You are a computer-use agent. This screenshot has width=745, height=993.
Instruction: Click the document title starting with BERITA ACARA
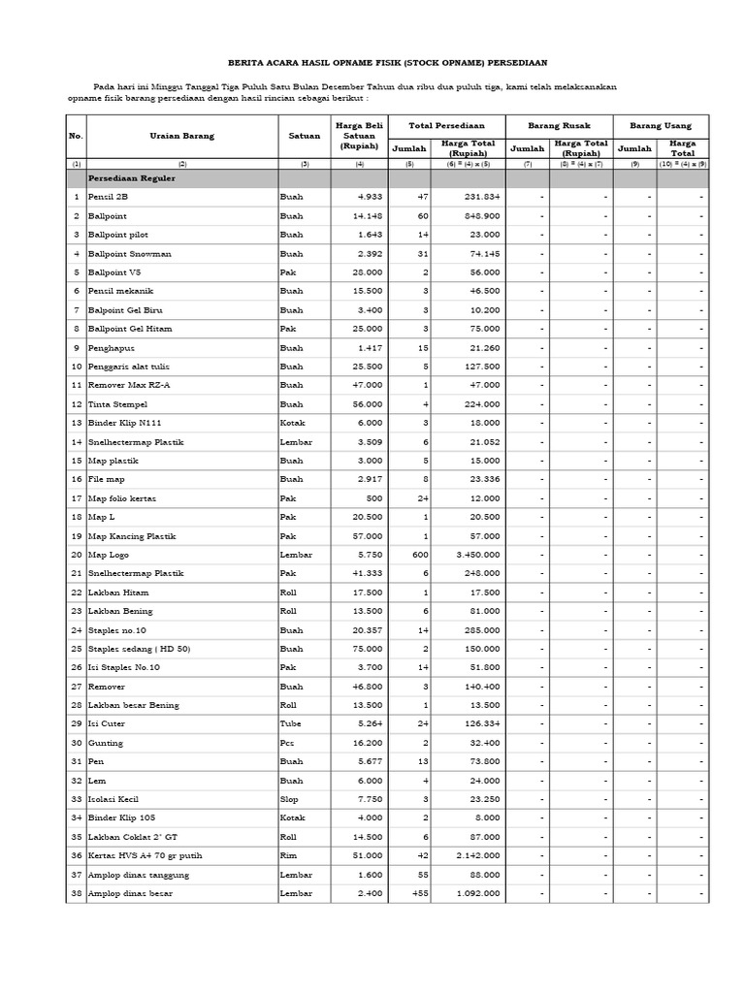[388, 58]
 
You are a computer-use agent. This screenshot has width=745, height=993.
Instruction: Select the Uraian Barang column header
[181, 137]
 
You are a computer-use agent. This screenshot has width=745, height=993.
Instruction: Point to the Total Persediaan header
[445, 126]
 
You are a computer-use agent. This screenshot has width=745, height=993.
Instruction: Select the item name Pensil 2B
[108, 197]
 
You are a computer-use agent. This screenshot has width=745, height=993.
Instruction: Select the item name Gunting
[105, 743]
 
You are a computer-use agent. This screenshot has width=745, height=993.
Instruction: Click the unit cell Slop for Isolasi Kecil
[289, 799]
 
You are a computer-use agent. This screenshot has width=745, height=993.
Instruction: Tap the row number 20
[76, 555]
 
